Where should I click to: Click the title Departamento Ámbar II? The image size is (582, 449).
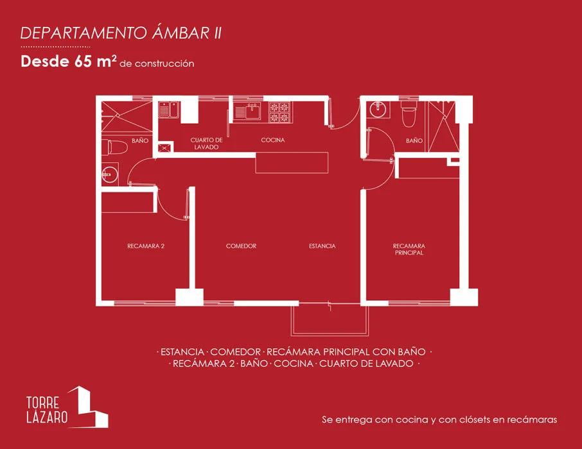click(x=121, y=33)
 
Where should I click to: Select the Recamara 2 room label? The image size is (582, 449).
click(x=146, y=246)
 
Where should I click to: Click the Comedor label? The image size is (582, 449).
click(x=241, y=246)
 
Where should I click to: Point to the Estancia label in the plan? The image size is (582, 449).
click(x=322, y=246)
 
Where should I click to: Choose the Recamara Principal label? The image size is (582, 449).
click(x=409, y=249)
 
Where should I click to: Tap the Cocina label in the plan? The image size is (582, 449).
click(x=272, y=140)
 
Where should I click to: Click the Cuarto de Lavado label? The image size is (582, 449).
click(x=206, y=143)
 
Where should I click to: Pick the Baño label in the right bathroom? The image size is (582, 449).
click(x=414, y=140)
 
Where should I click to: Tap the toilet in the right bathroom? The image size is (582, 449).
click(x=408, y=115)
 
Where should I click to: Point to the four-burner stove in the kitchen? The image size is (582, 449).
click(x=279, y=112)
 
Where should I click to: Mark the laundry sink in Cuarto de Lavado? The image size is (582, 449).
click(x=168, y=111)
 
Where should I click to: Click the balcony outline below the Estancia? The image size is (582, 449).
click(x=330, y=319)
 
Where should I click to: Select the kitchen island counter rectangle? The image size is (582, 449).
click(x=292, y=163)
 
